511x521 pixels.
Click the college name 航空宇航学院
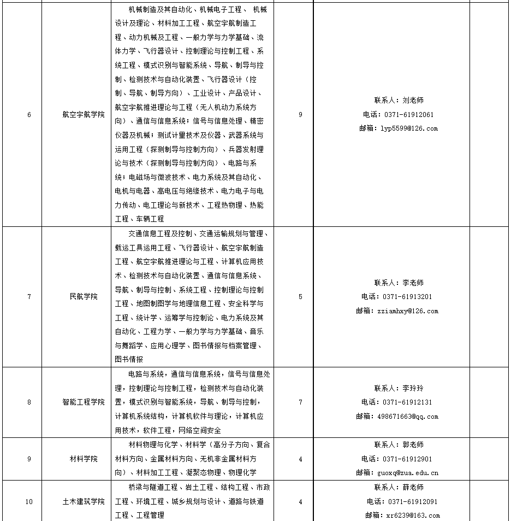(x=84, y=115)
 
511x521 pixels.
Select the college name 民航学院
(x=84, y=297)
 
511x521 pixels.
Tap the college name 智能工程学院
(x=84, y=402)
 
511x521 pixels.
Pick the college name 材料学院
(x=84, y=459)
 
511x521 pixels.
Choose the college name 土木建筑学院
(x=84, y=501)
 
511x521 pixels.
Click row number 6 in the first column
(x=29, y=115)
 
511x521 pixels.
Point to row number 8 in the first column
(x=29, y=402)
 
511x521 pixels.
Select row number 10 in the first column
(x=29, y=501)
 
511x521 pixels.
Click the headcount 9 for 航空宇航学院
(x=301, y=115)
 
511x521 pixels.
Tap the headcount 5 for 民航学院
(x=301, y=297)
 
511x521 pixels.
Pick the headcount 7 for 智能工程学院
(x=301, y=402)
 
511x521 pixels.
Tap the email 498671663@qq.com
(x=404, y=417)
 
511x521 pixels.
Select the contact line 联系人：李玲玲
(x=399, y=388)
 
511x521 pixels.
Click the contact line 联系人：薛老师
(x=399, y=487)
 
